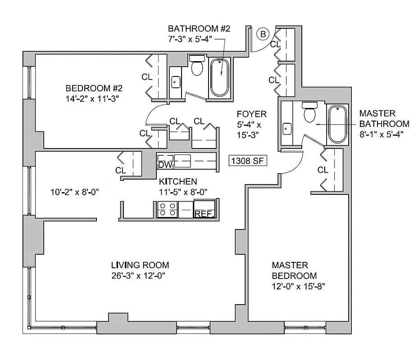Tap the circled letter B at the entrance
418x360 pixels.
coord(264,34)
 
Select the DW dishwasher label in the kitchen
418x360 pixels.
coord(165,165)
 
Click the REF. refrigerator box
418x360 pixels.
coord(204,213)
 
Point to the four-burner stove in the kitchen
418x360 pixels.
coord(167,209)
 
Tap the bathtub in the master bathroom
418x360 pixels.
coord(337,124)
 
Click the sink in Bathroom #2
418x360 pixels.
coord(176,82)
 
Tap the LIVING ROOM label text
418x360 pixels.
coord(140,265)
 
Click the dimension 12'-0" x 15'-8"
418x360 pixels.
coord(298,286)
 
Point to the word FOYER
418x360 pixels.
coord(251,114)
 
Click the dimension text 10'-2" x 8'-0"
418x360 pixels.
coord(75,193)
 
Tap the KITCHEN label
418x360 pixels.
coord(178,182)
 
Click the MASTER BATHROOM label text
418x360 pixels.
coord(384,118)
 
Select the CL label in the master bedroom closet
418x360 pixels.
coord(323,170)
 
